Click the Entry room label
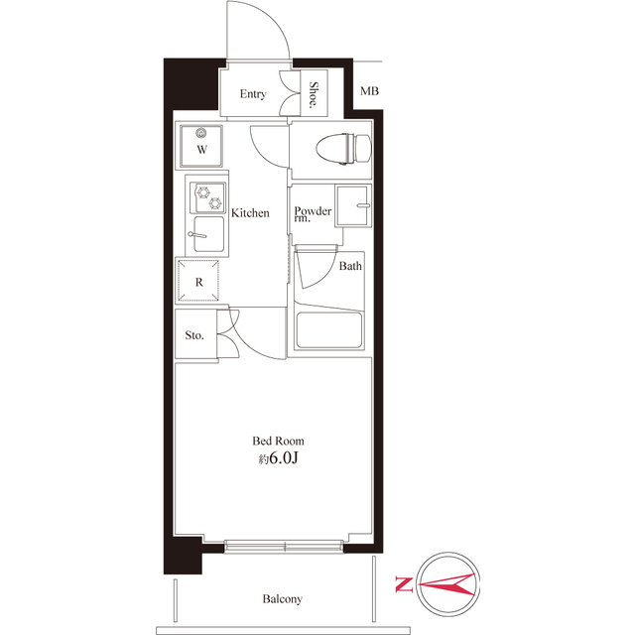point(252,94)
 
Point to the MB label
point(369,92)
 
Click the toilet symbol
point(340,149)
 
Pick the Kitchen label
point(250,213)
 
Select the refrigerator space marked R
point(199,282)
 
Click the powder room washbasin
point(353,206)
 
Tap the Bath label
point(350,266)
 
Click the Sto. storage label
point(194,335)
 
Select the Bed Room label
point(278,441)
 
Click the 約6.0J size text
point(278,459)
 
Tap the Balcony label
point(283,599)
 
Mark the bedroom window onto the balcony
point(285,545)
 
